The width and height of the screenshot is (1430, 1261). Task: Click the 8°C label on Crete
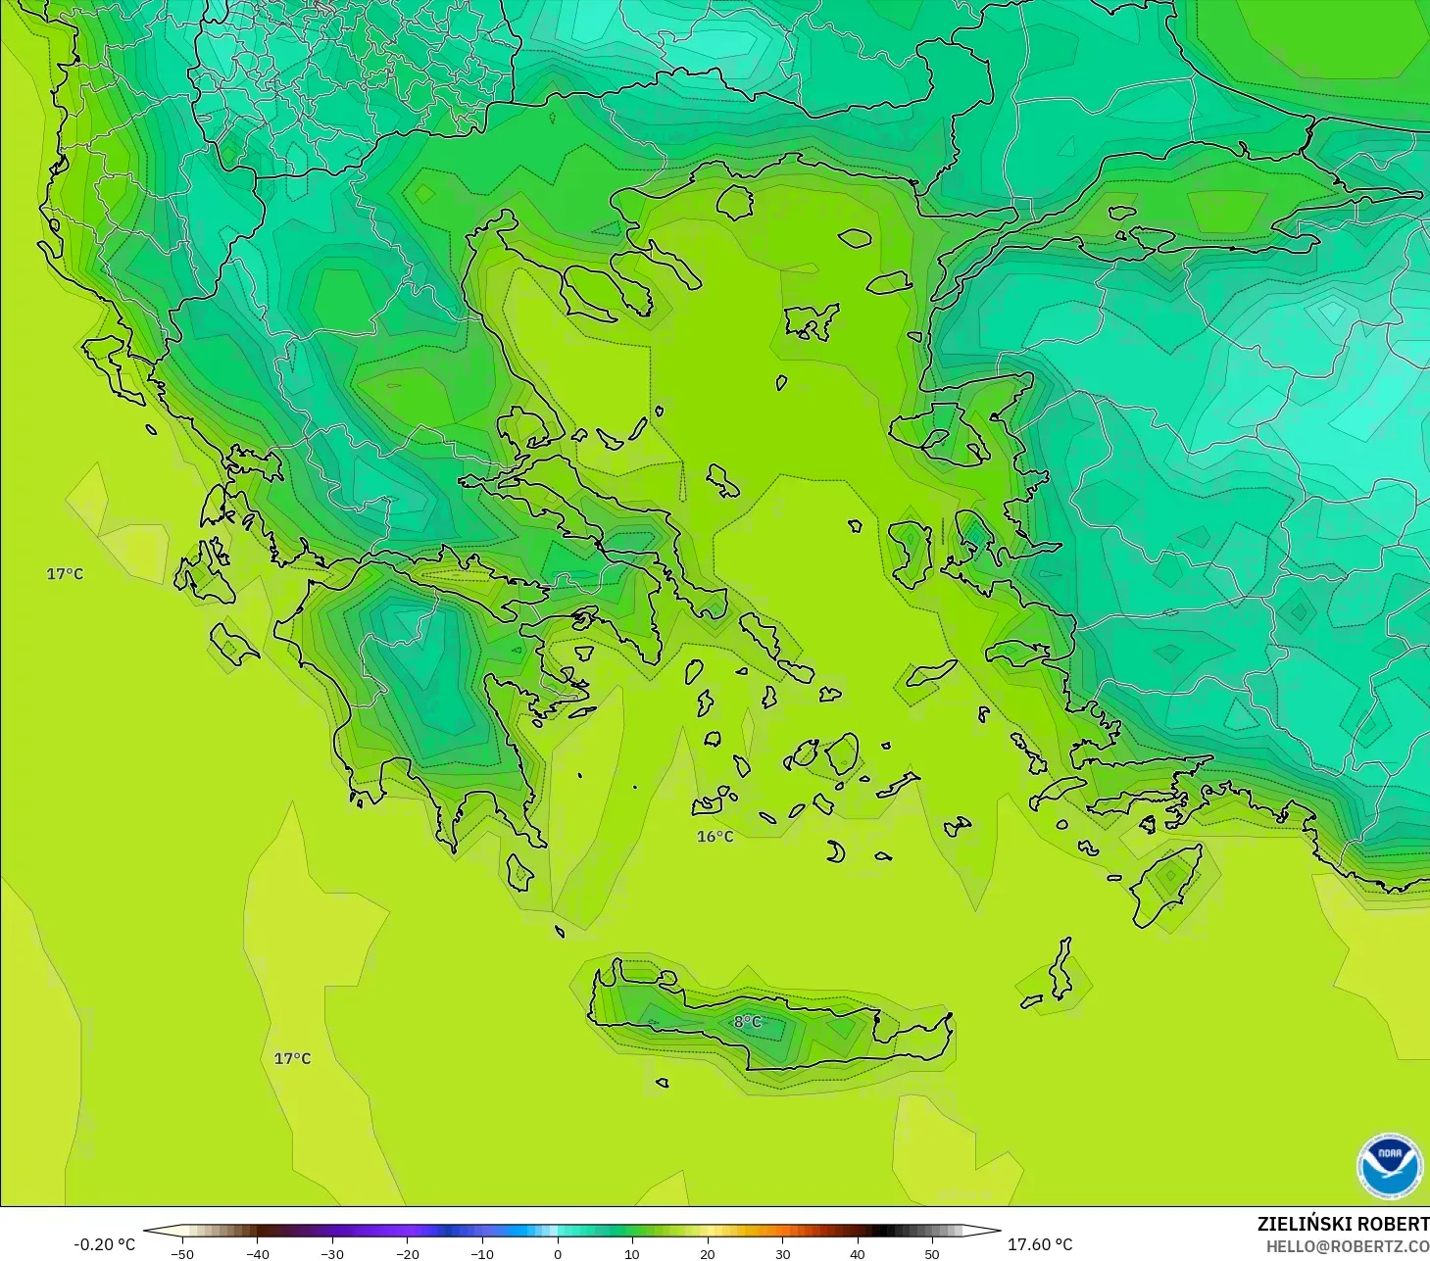(x=747, y=1022)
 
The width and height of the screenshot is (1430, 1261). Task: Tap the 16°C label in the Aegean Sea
(x=715, y=836)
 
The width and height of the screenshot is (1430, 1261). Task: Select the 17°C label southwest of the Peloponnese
(x=292, y=1058)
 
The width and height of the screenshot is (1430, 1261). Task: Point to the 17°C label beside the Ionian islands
(x=65, y=573)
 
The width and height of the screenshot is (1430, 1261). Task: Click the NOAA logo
(x=1389, y=1166)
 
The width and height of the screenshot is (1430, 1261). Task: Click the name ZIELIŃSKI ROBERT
(x=1343, y=1224)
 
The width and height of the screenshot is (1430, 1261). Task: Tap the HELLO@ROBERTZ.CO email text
(x=1347, y=1246)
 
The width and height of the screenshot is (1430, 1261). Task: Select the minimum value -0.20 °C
(x=104, y=1244)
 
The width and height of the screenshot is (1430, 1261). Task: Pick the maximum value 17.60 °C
(x=1040, y=1244)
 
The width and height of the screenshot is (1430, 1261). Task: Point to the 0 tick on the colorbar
(x=557, y=1253)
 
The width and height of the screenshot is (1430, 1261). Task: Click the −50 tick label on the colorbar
(x=181, y=1253)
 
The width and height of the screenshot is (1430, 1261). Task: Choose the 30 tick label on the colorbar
(x=782, y=1253)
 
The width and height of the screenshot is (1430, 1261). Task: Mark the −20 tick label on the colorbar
(x=407, y=1253)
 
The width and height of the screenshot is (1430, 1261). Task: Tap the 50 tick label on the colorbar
(x=932, y=1253)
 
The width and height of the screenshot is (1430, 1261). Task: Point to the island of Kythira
(x=518, y=872)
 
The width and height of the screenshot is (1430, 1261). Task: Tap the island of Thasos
(x=734, y=202)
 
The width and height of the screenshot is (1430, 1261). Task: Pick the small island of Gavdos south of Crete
(x=663, y=1083)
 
